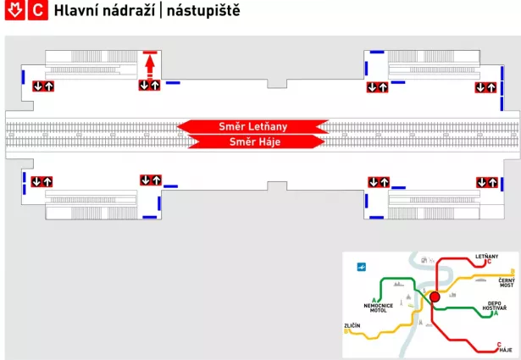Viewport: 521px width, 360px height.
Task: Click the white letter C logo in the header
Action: click(38, 10)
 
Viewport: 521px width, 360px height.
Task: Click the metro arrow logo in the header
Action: click(14, 10)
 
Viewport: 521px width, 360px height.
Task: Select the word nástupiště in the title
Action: click(203, 11)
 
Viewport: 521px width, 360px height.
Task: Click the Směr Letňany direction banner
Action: click(252, 126)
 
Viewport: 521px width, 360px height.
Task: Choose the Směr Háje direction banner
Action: click(256, 141)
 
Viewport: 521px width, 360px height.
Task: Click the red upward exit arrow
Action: click(150, 66)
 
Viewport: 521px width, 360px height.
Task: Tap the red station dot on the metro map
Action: click(435, 297)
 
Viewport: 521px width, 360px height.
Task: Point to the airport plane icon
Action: click(362, 267)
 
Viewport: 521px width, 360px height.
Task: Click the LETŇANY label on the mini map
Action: click(487, 257)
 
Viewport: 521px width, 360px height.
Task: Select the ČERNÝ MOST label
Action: click(507, 283)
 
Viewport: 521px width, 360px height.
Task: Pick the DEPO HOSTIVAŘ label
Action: click(495, 306)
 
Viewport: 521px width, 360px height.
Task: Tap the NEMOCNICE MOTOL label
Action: click(379, 307)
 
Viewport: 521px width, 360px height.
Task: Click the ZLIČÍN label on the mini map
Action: click(352, 325)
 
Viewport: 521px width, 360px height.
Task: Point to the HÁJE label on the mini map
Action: click(506, 350)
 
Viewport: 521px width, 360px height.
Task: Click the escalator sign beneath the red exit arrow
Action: click(149, 86)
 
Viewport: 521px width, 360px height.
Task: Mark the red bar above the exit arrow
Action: click(150, 53)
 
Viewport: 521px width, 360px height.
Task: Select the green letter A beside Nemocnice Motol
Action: click(374, 300)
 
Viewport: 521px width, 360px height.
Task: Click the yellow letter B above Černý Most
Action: click(513, 272)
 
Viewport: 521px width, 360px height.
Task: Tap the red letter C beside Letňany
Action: click(489, 262)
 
